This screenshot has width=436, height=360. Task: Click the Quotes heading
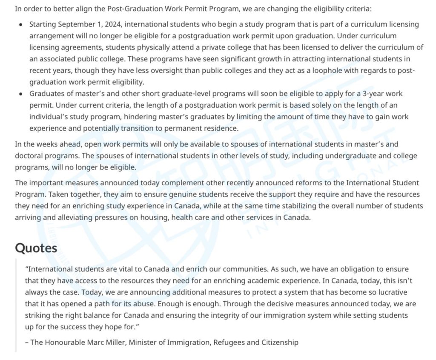pos(36,248)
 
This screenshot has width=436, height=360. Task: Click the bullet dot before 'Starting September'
pos(21,25)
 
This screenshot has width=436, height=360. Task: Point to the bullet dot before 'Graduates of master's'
pos(21,94)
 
